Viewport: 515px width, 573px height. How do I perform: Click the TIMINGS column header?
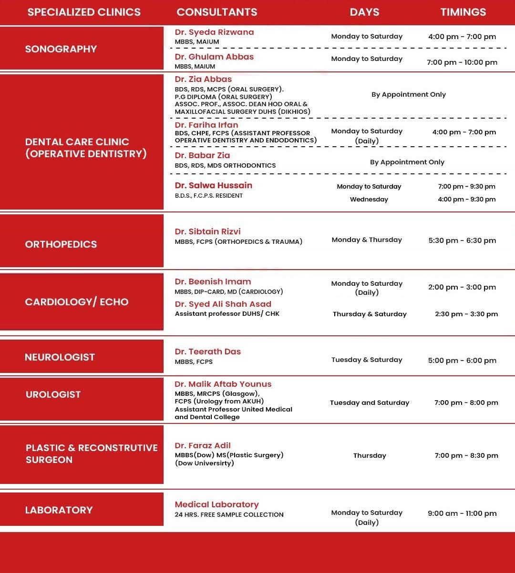463,12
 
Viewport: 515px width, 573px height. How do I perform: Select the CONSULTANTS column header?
217,12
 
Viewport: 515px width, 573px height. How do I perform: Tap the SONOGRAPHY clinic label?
61,49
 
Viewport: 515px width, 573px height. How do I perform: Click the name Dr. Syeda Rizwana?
214,32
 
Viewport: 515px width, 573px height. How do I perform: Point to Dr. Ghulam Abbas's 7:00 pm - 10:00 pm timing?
462,62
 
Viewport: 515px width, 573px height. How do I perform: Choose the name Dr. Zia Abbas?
203,80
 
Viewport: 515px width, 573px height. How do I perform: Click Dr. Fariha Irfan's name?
206,125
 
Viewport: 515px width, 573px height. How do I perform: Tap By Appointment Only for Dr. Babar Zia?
407,162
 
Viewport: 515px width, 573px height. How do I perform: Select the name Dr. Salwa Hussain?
213,185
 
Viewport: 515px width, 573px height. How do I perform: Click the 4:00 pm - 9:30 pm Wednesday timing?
466,200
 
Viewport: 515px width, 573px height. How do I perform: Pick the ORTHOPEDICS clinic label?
61,244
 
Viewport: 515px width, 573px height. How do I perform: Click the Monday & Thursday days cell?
367,240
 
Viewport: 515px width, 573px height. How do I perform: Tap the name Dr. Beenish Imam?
213,281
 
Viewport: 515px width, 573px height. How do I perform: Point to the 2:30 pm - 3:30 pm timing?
466,314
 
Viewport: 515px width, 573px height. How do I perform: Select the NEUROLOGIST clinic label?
60,357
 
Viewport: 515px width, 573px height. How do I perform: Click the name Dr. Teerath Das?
207,352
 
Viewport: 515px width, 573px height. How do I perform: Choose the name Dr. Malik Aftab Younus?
223,384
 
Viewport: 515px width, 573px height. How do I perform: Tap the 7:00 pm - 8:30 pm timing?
466,456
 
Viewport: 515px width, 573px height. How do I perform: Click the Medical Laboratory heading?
216,504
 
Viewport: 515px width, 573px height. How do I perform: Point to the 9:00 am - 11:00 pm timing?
462,513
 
